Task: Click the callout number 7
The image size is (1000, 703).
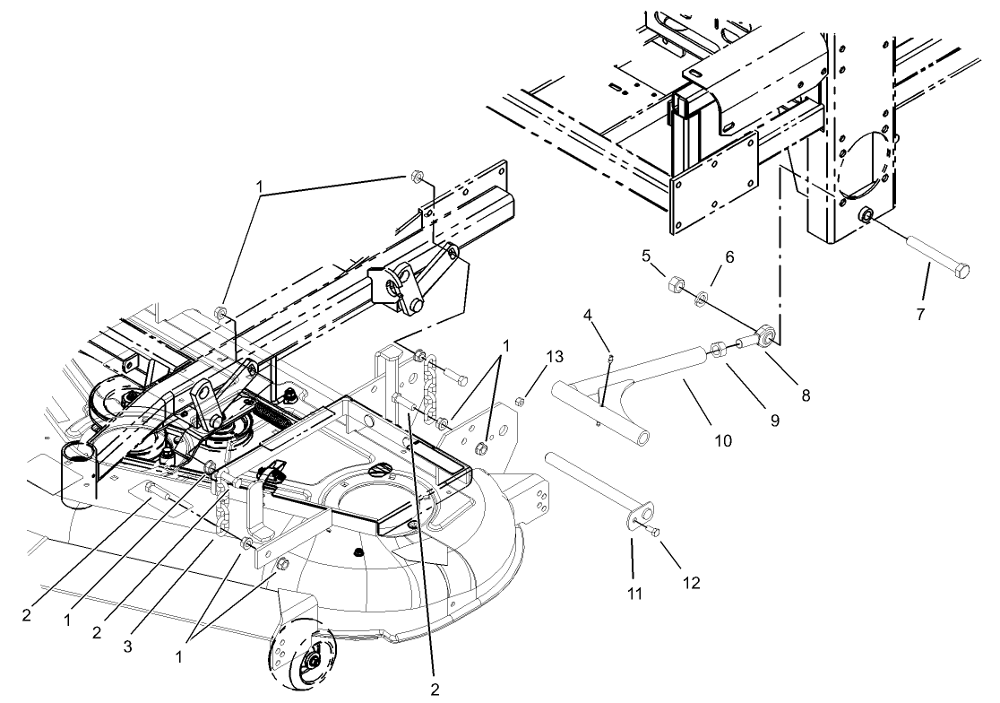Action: [920, 315]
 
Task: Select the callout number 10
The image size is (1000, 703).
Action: [722, 440]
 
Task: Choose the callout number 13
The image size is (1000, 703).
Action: [555, 357]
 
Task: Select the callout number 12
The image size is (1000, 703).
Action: [692, 583]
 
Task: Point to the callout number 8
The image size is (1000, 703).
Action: [806, 393]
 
